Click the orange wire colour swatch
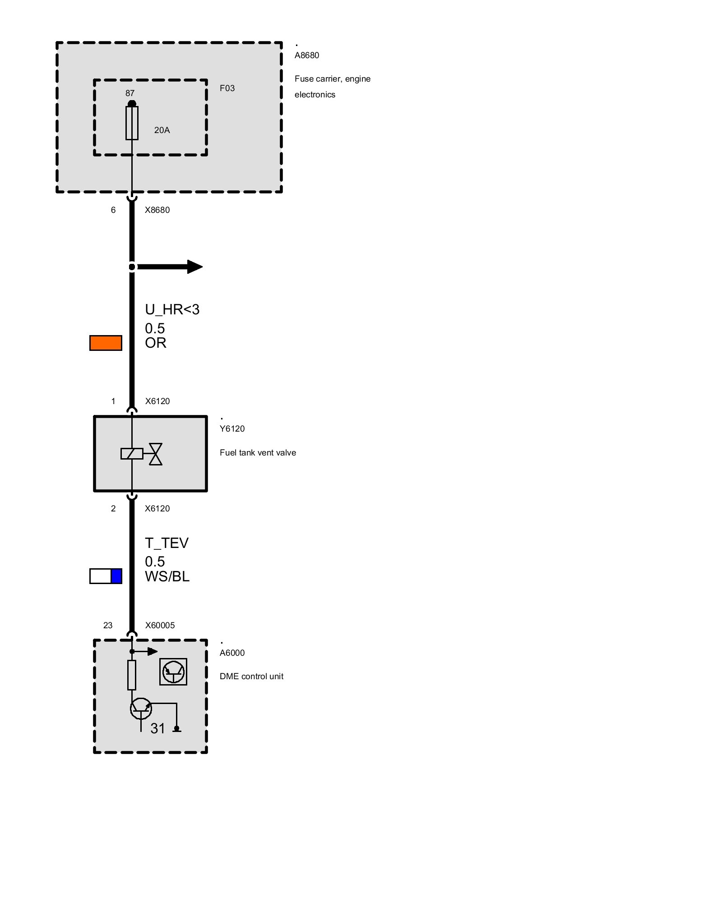tap(106, 343)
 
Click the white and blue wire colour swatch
tap(106, 576)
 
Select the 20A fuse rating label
tap(162, 130)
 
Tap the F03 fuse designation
tap(227, 88)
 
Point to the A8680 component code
tap(307, 55)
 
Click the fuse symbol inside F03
tap(132, 123)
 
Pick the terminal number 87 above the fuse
tap(130, 93)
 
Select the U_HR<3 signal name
tap(172, 309)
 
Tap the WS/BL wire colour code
tap(167, 576)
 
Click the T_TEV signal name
tap(167, 543)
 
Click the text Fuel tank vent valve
tap(258, 453)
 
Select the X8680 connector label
tap(157, 210)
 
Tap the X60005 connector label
tap(160, 626)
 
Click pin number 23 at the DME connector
tap(108, 626)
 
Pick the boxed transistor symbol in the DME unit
tap(173, 672)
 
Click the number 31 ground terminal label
tap(158, 728)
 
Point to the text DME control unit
tap(251, 676)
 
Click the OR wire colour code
tap(156, 343)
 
